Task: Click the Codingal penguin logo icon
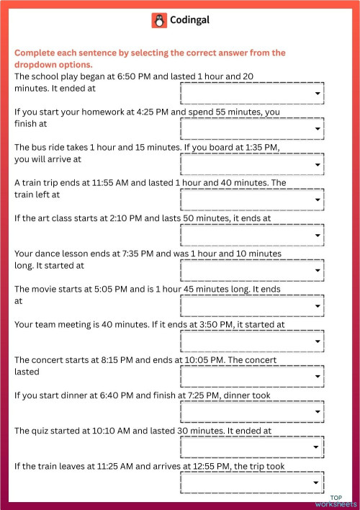click(x=159, y=21)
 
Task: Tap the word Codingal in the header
click(x=191, y=21)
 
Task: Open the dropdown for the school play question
click(x=252, y=94)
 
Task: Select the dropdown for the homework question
click(x=252, y=129)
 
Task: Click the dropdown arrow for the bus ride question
click(x=318, y=165)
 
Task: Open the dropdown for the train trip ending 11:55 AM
click(x=252, y=200)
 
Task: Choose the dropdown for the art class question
click(x=252, y=235)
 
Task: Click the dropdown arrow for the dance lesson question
click(x=318, y=271)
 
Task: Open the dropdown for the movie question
click(x=252, y=306)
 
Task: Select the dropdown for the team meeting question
click(x=252, y=341)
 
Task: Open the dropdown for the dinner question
click(x=252, y=412)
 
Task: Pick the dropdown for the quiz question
click(x=252, y=447)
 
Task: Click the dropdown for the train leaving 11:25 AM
click(x=252, y=483)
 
